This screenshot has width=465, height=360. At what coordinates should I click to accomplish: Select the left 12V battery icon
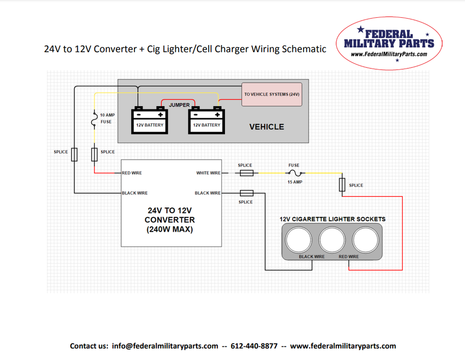click(149, 120)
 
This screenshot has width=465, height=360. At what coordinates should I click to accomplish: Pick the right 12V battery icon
click(207, 120)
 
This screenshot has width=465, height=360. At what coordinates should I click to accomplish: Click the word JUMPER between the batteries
click(179, 105)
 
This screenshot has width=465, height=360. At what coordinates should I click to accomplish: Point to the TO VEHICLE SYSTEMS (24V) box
click(272, 94)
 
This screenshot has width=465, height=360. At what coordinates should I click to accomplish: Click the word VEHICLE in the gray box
click(266, 127)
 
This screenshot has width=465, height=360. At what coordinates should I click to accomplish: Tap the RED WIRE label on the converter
click(132, 173)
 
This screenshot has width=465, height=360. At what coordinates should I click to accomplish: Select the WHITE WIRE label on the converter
click(208, 173)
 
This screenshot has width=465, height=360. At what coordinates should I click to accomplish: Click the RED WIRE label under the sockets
click(349, 256)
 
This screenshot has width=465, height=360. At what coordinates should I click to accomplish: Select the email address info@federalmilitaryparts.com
click(165, 346)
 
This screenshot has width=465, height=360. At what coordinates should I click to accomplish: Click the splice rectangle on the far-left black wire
click(74, 154)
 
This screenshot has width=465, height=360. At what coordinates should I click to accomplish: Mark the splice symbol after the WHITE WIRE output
click(246, 173)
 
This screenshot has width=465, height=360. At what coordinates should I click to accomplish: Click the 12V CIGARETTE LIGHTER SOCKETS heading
click(332, 219)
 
